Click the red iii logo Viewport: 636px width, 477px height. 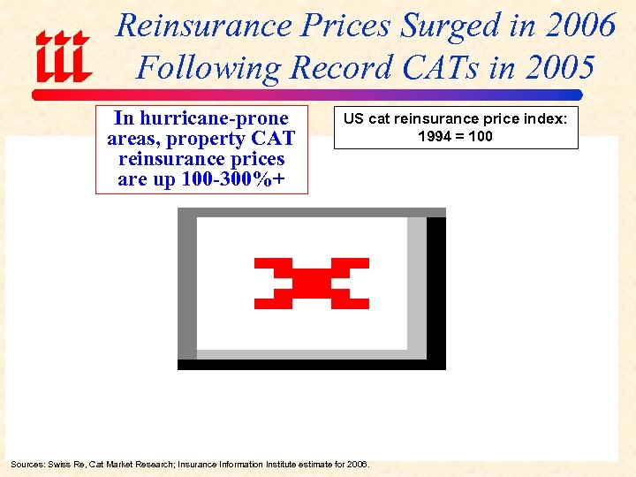(63, 55)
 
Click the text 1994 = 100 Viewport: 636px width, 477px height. (457, 136)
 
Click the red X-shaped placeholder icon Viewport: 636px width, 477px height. (312, 283)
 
